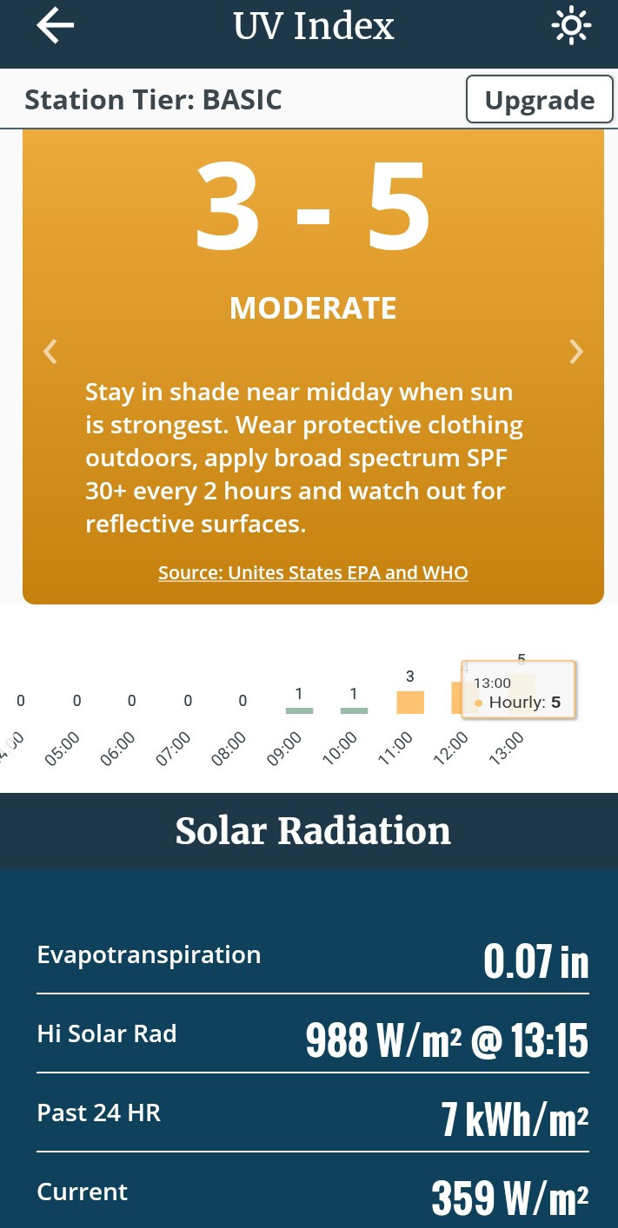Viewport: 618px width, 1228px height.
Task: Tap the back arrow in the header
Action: pyautogui.click(x=56, y=25)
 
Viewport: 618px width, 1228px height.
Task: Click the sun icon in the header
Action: pyautogui.click(x=571, y=25)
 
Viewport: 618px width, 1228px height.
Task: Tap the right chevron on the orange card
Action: pyautogui.click(x=575, y=352)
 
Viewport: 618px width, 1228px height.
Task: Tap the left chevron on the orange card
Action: pyautogui.click(x=50, y=352)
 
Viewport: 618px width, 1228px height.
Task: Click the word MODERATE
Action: pyautogui.click(x=313, y=308)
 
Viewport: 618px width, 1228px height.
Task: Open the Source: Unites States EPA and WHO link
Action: pyautogui.click(x=313, y=572)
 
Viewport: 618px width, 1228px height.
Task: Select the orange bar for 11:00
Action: pyautogui.click(x=410, y=703)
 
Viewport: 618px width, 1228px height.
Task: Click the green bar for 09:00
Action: pyautogui.click(x=299, y=710)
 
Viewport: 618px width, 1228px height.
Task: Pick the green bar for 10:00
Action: pyautogui.click(x=354, y=710)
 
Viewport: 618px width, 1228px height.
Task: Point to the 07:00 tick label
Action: pyautogui.click(x=172, y=749)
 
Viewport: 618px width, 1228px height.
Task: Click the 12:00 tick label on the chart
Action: pyautogui.click(x=450, y=749)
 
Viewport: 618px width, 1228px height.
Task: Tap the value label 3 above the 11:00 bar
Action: pyautogui.click(x=410, y=677)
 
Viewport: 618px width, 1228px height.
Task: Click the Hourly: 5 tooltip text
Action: pyautogui.click(x=525, y=703)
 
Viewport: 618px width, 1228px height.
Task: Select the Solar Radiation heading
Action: pyautogui.click(x=313, y=830)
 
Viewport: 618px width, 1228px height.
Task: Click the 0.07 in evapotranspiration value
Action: pyautogui.click(x=535, y=961)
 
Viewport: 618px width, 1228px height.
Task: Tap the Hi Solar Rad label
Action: pyautogui.click(x=106, y=1034)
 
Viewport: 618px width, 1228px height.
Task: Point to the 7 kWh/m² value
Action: pyautogui.click(x=515, y=1119)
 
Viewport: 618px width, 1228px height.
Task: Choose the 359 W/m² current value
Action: pyautogui.click(x=510, y=1198)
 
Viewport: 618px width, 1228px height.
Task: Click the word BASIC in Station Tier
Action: pyautogui.click(x=242, y=100)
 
